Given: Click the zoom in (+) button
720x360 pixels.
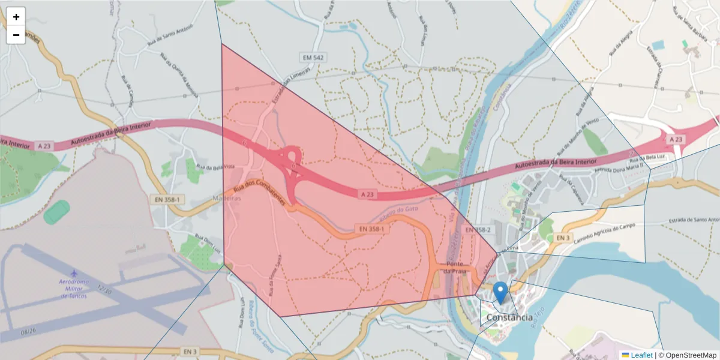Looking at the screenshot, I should click(x=16, y=17).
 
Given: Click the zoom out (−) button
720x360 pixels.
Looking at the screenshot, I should click(x=16, y=35).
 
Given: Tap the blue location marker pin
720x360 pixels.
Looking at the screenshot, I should click(x=500, y=293).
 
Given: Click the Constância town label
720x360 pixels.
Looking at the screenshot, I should click(x=509, y=317).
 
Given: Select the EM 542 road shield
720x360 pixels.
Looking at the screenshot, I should click(x=313, y=58).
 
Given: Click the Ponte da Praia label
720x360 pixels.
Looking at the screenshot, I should click(x=455, y=268).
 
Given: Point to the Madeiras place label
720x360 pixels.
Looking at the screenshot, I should click(x=227, y=198).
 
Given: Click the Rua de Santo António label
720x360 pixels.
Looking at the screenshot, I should click(x=171, y=36).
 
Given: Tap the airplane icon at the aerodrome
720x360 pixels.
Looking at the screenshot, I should click(x=74, y=274).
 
